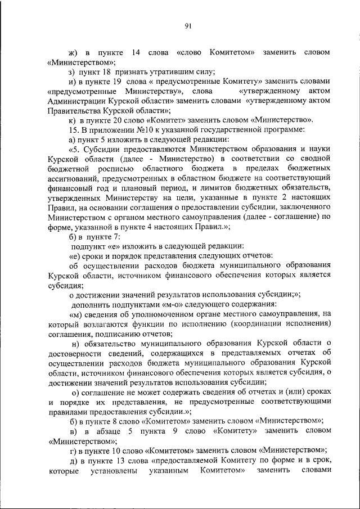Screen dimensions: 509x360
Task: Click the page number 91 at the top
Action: (x=188, y=25)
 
